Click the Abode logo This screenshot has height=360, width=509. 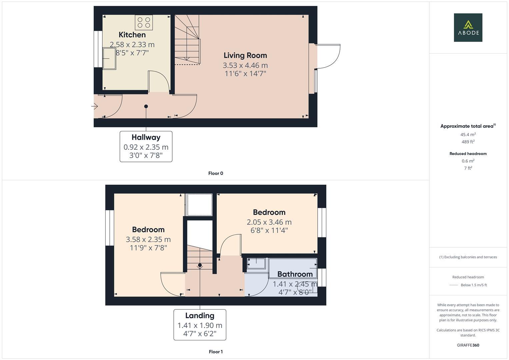click(468, 28)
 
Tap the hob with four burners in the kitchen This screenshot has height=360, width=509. click(144, 22)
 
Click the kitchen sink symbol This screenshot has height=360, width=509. click(109, 59)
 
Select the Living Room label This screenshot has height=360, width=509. click(245, 55)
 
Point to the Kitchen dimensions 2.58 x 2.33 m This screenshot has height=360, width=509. click(132, 44)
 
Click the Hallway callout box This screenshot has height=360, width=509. click(146, 146)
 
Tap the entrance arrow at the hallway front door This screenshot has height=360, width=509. click(95, 107)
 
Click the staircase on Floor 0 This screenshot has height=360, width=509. click(187, 40)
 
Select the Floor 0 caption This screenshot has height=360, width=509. click(216, 173)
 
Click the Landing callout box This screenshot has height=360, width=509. click(200, 325)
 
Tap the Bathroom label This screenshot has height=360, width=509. click(295, 274)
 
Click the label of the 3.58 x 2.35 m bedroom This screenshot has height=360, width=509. click(148, 229)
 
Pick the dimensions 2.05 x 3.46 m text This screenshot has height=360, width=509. click(269, 222)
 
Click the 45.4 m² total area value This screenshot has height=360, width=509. click(468, 135)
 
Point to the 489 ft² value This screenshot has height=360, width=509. click(468, 142)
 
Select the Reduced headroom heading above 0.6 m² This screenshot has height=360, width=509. click(468, 154)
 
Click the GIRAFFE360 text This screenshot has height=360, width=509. click(468, 345)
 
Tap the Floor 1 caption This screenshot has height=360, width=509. click(216, 352)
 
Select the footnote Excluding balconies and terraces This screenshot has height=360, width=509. click(468, 257)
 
